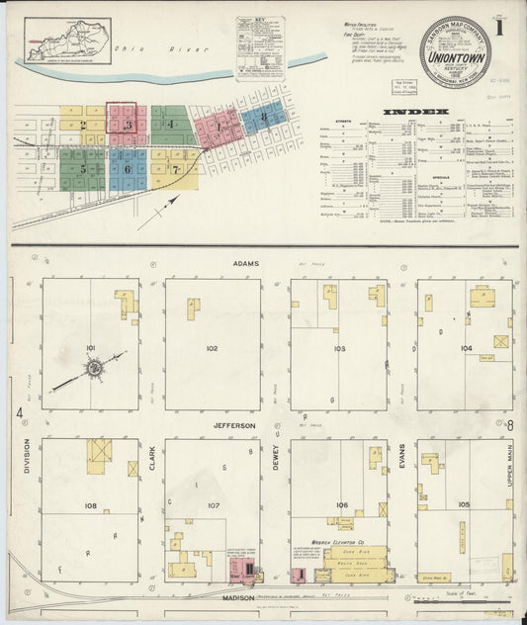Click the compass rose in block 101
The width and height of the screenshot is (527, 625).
95,368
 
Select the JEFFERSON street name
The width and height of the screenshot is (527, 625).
235,425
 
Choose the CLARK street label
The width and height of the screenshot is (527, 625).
152,458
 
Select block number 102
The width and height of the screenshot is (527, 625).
211,349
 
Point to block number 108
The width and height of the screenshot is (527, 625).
91,505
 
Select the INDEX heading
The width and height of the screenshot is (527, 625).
422,112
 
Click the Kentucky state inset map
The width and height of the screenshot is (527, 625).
69,40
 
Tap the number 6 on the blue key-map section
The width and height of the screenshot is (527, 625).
128,169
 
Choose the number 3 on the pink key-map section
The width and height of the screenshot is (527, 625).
128,126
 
